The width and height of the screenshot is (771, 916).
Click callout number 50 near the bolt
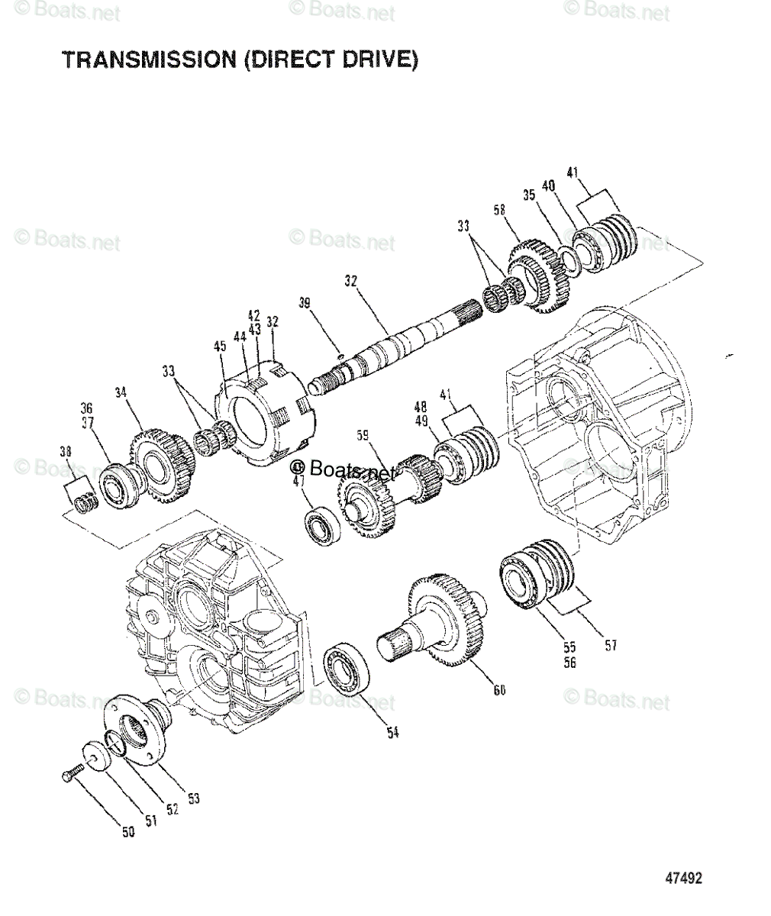(x=128, y=832)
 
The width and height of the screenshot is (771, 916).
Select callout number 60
(x=500, y=691)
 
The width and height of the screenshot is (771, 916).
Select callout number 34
(x=120, y=394)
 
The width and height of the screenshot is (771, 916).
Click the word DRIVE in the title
(x=377, y=60)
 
